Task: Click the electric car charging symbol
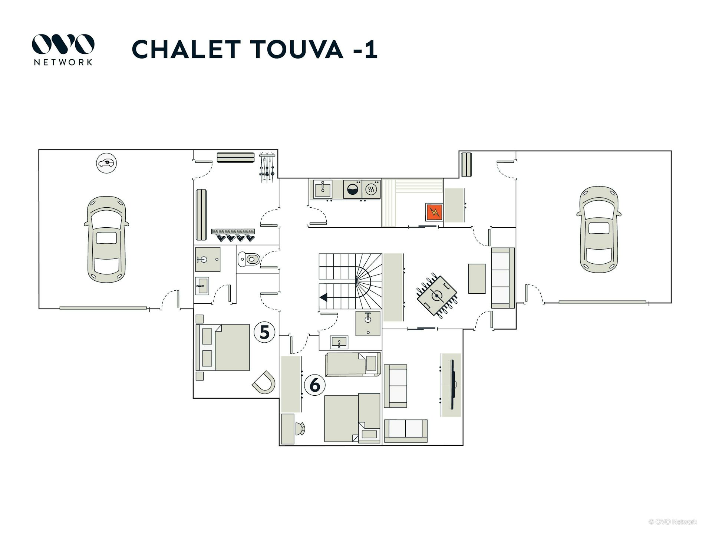pos(106,163)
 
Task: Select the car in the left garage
pos(106,239)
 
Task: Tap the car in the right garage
pos(599,230)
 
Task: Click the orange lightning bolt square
pos(434,212)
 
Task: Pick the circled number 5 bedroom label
pos(264,332)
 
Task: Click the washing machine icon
pos(352,189)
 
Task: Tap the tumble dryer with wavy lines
pos(371,189)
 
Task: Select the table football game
pos(437,296)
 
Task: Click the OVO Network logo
pos(63,50)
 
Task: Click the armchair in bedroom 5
pos(264,382)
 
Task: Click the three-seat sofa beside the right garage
pos(503,278)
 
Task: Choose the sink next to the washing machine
pos(323,189)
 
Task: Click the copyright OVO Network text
pos(673,522)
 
